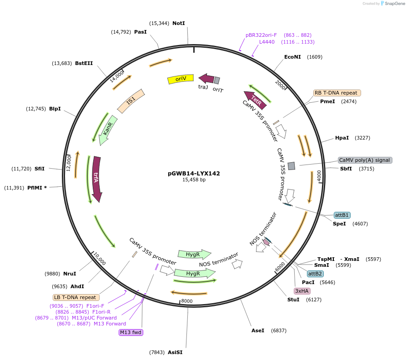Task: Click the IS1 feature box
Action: coord(131,101)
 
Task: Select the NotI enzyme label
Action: coord(179,23)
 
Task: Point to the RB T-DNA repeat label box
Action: coord(337,93)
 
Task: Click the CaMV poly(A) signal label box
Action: coord(365,160)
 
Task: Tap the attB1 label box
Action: coord(342,215)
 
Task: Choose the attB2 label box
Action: coord(315,274)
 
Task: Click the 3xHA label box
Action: coord(302,291)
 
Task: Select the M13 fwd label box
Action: coord(131,332)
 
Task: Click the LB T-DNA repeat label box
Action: coord(75,297)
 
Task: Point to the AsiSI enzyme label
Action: coord(175,352)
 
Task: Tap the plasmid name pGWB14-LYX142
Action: coord(194,173)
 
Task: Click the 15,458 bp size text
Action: coord(194,180)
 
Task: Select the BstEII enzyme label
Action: coord(84,63)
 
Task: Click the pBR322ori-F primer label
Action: coord(261,35)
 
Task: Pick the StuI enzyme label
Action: coord(293,300)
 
